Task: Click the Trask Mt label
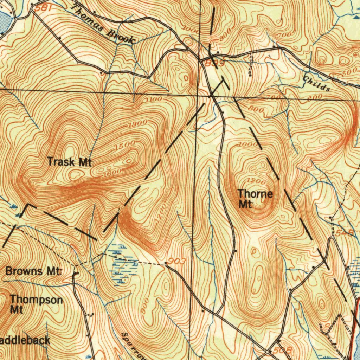coord(69,162)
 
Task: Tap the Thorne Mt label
coord(255,199)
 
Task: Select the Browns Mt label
coord(34,271)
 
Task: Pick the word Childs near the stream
coord(316,84)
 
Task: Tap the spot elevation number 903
coord(177,261)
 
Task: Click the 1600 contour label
coord(112,172)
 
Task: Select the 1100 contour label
coord(154,99)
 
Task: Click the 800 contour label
coord(256,109)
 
